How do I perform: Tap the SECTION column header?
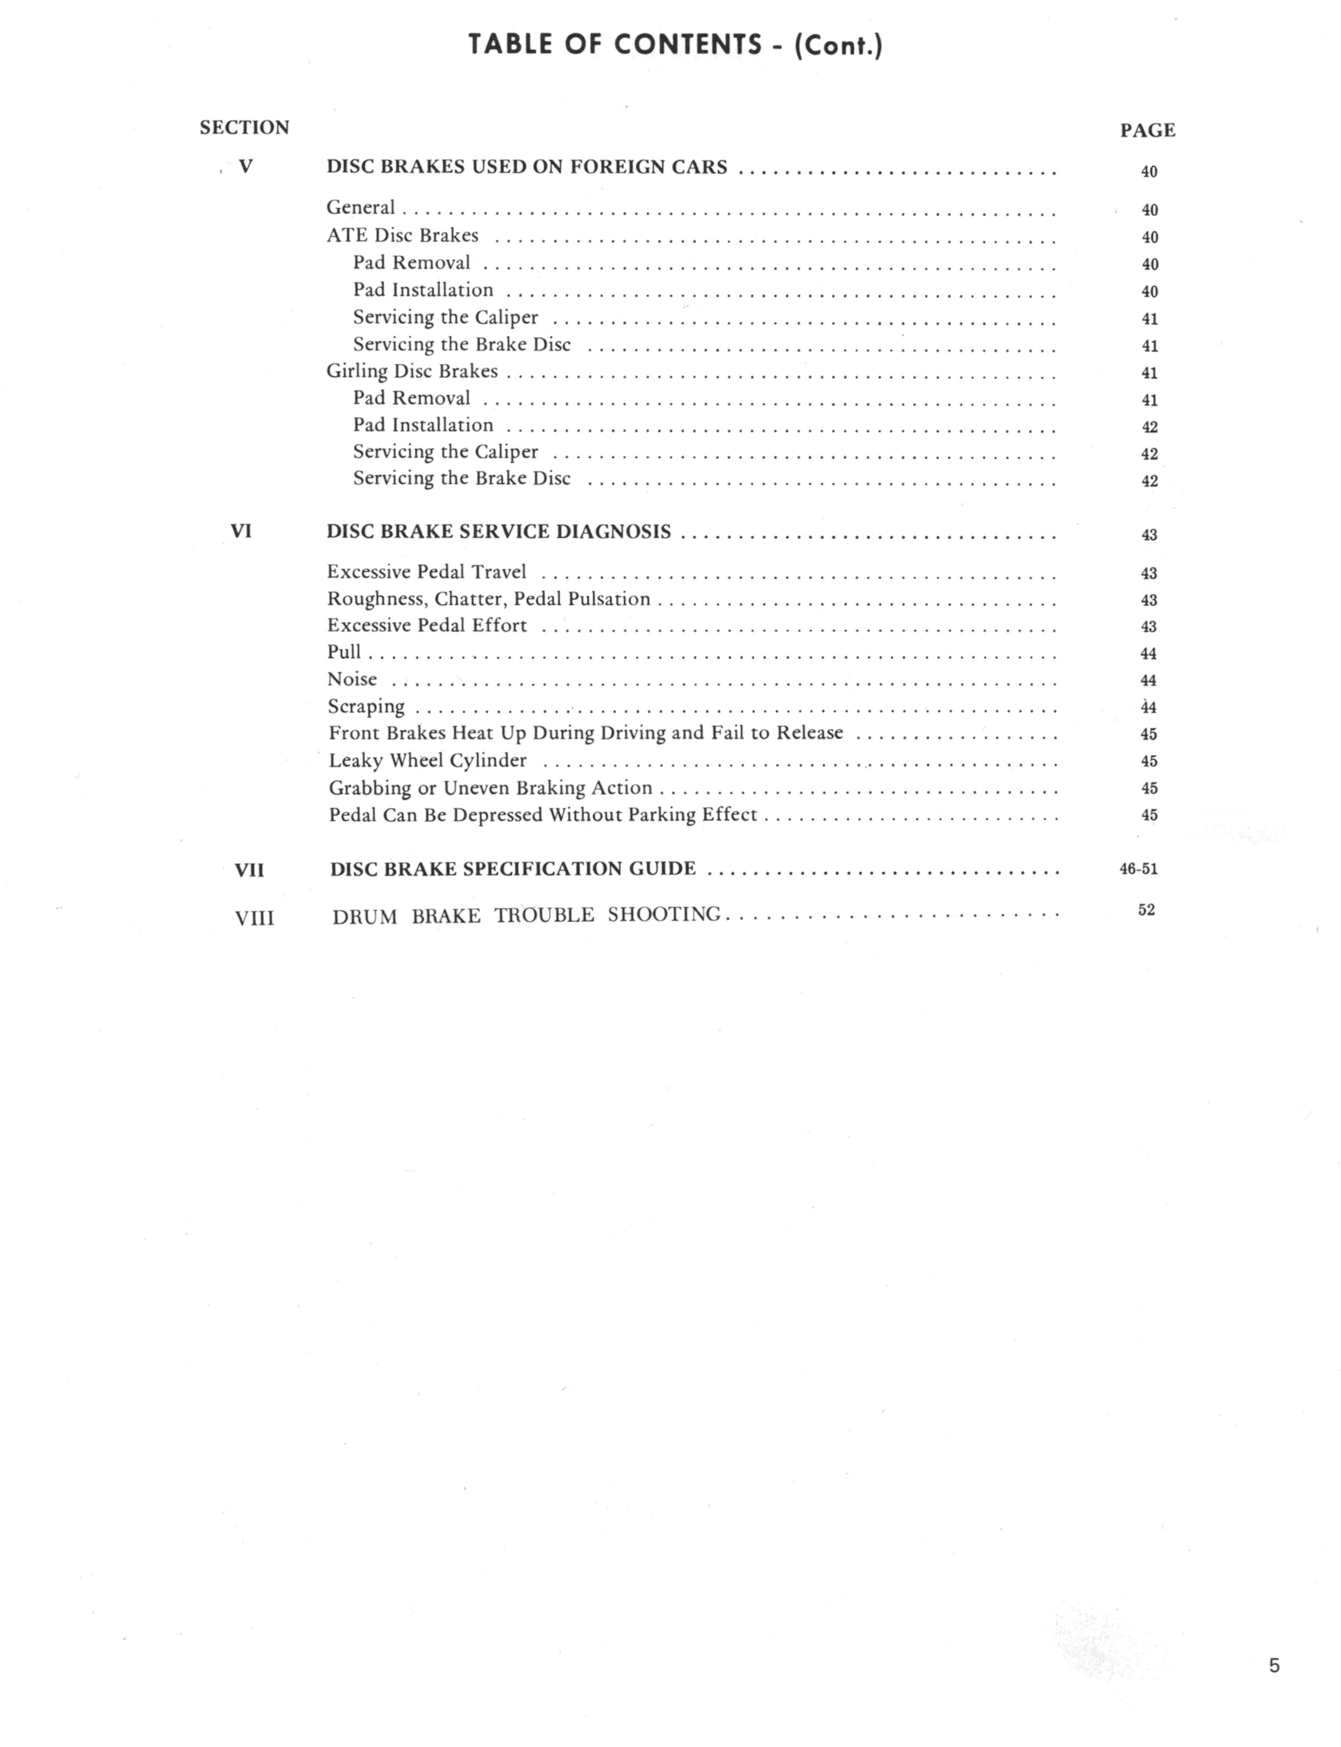coord(244,128)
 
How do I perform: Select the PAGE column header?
coord(1147,131)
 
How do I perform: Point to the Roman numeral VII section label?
coord(249,869)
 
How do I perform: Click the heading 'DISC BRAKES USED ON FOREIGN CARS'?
coord(527,167)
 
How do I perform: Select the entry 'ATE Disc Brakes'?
coord(402,235)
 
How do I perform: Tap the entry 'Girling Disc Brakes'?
coord(412,371)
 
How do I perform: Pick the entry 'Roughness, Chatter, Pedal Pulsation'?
coord(488,599)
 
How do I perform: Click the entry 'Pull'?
coord(344,652)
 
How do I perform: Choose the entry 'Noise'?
coord(352,680)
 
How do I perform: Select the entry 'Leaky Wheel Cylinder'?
coord(428,761)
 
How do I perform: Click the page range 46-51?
coord(1138,869)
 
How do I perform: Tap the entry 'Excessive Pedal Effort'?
coord(427,625)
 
